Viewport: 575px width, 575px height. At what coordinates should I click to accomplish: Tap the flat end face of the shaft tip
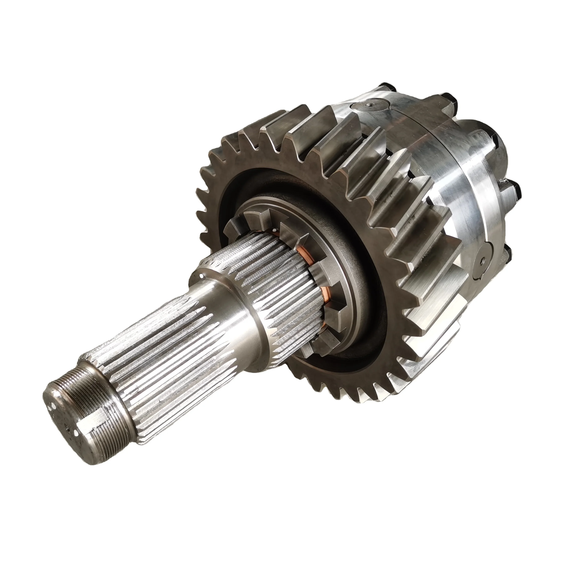[62, 417]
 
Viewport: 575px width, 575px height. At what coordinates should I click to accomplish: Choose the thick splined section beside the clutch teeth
[277, 286]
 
